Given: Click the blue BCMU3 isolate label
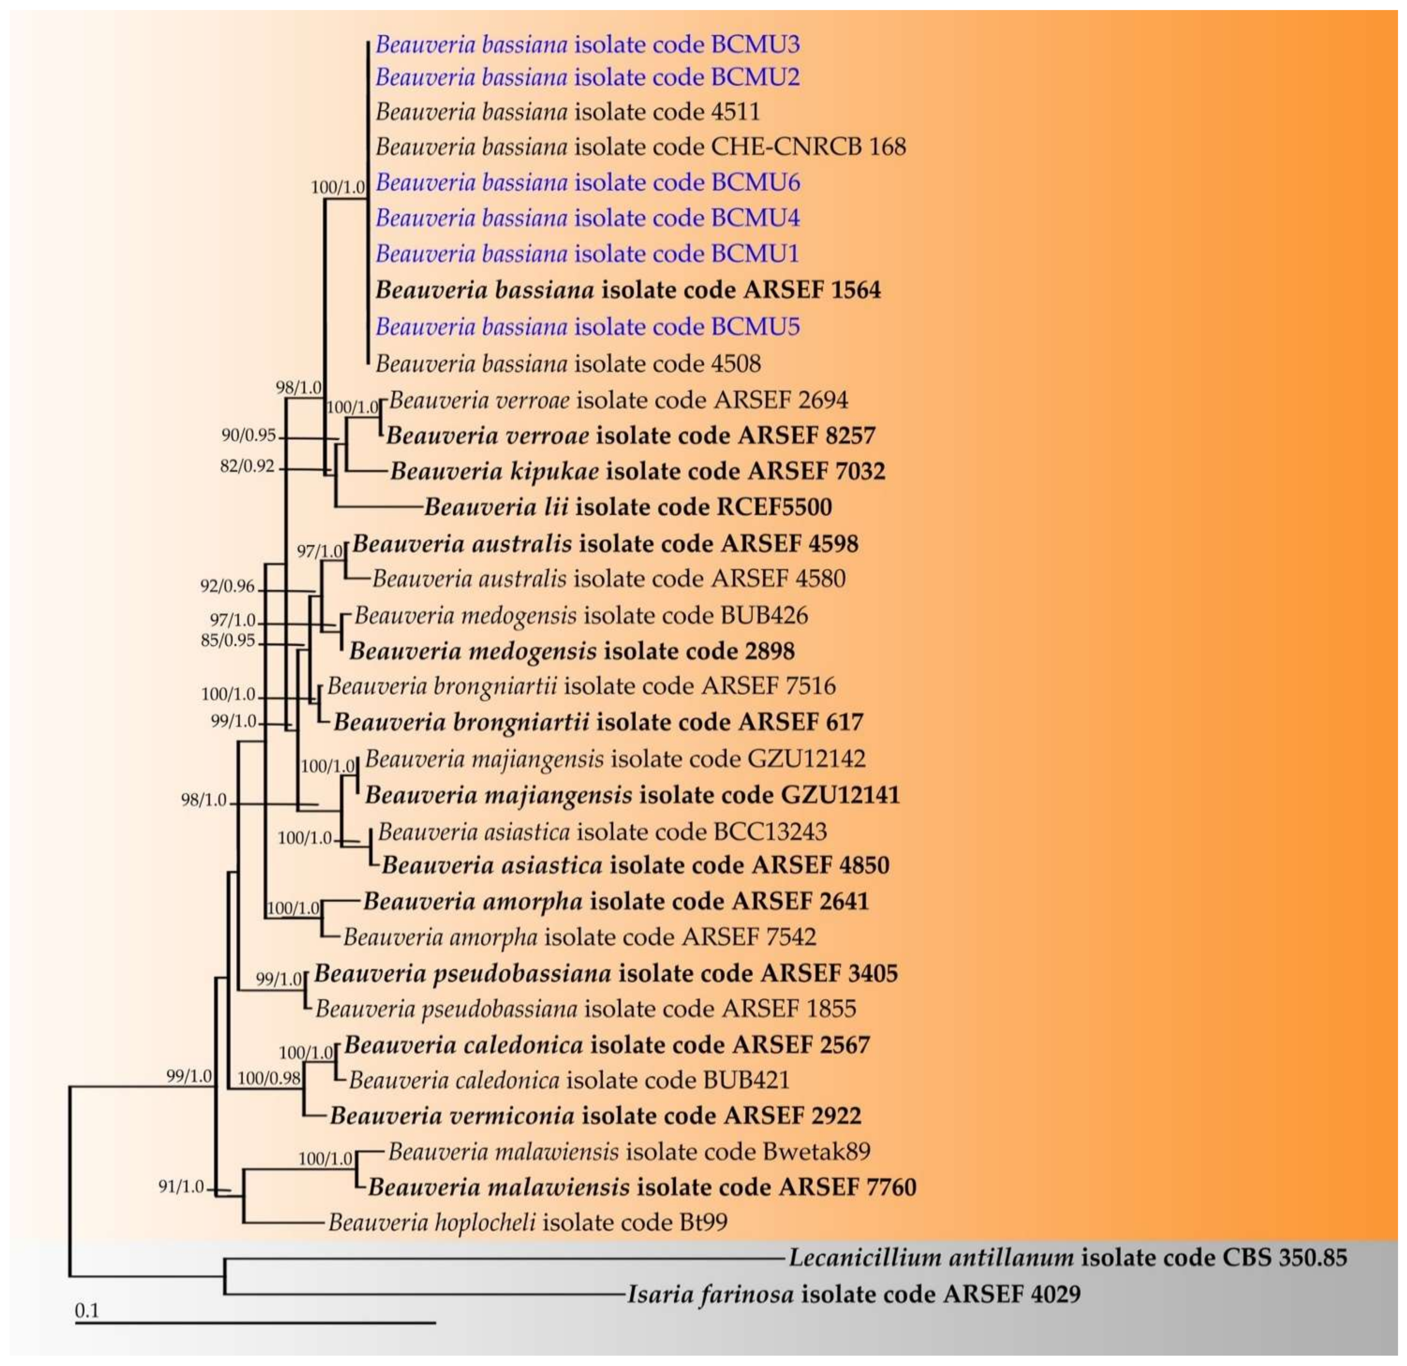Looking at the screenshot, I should coord(587,44).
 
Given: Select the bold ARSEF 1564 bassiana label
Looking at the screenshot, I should coord(627,290).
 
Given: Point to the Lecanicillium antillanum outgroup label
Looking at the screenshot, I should coord(1068,1258).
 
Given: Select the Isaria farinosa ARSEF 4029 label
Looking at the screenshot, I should coord(853,1294).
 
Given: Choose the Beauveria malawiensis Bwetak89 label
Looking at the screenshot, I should coord(629,1151).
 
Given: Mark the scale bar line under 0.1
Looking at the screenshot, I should coord(255,1322).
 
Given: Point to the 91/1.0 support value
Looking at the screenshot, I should coord(182,1187).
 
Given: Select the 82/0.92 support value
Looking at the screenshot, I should coord(247,467).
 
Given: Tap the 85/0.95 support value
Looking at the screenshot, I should coord(228,640).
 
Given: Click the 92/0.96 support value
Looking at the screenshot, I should coord(228,586).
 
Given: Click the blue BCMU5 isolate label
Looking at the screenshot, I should coord(587,326).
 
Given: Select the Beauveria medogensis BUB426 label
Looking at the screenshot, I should coord(581,615).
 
